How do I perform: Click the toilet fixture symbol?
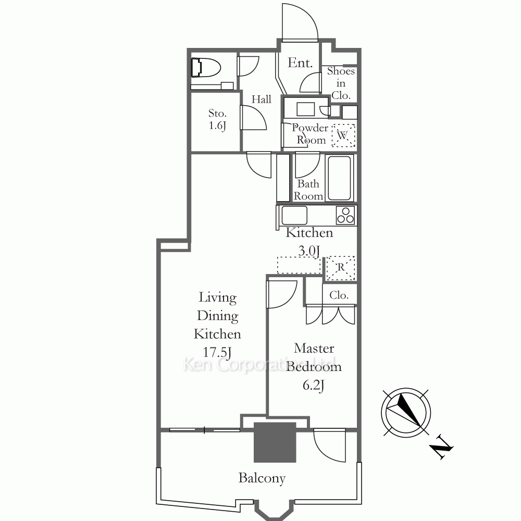click(206, 68)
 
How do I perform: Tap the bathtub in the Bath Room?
click(339, 178)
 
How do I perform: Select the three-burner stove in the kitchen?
click(345, 215)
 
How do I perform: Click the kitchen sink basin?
click(294, 215)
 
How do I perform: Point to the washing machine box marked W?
click(343, 135)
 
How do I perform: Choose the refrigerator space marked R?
click(341, 267)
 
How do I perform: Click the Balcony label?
click(262, 478)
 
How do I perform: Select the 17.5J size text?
click(217, 352)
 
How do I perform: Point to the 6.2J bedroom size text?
click(314, 385)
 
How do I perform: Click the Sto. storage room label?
click(217, 113)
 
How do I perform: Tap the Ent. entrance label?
click(300, 63)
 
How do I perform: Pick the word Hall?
click(261, 99)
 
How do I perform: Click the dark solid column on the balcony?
click(275, 442)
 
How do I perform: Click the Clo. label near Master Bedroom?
click(339, 295)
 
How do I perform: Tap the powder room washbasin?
click(305, 109)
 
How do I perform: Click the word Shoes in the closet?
click(341, 71)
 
